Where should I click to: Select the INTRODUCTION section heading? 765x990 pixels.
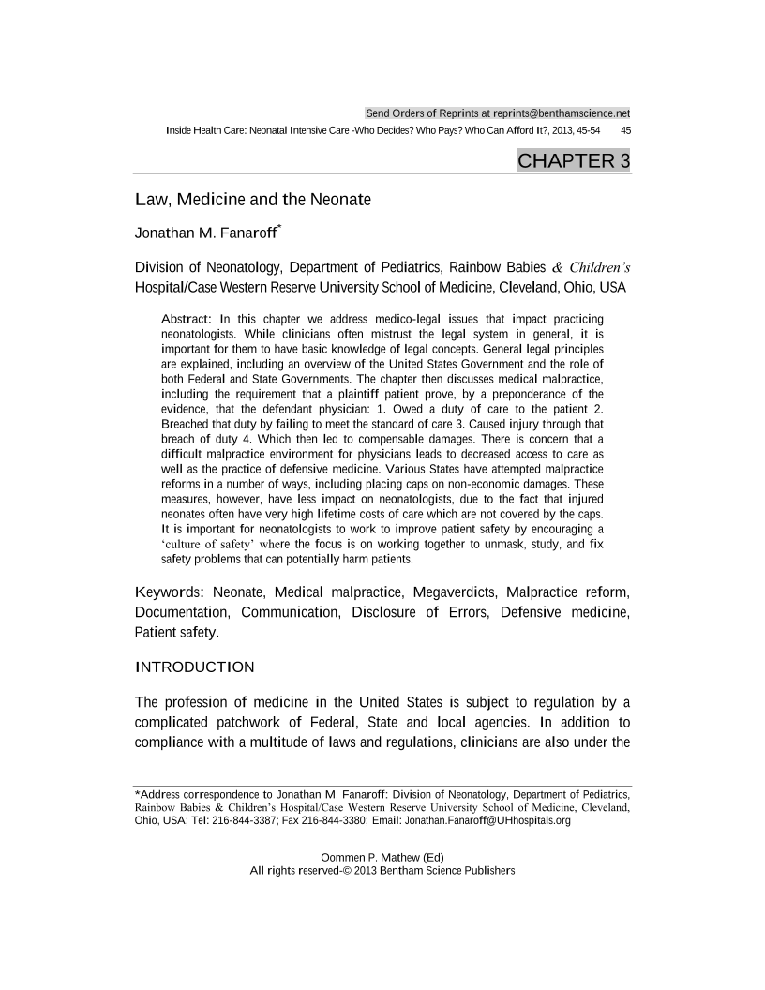195,667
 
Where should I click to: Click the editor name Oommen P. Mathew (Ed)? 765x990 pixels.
382,858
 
